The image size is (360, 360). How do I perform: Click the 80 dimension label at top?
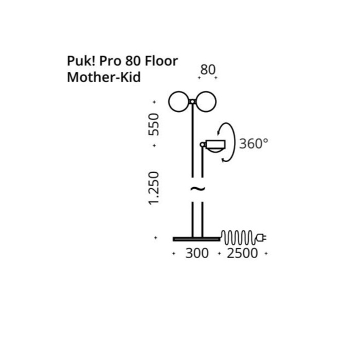point(208,69)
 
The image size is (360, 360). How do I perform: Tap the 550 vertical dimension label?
point(154,124)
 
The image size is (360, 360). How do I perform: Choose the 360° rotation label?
point(254,143)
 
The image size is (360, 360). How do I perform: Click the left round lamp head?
point(179,102)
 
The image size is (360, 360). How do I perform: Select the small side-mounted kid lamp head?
point(215,145)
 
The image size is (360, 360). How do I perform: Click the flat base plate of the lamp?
point(196,239)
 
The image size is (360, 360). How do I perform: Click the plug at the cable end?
point(262,238)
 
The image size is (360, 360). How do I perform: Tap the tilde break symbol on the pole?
point(197,189)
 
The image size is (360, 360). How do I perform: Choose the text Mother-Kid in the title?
point(103,78)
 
